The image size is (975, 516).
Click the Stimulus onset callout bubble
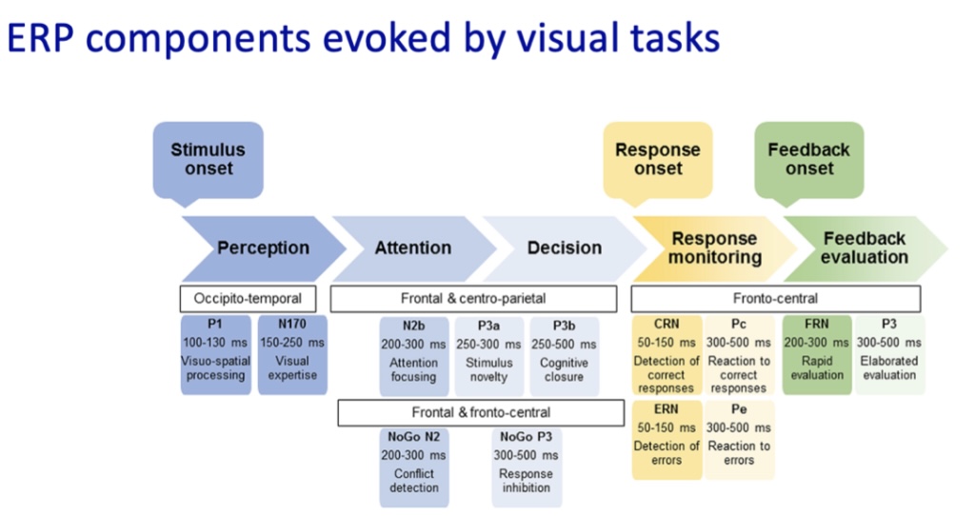pyautogui.click(x=209, y=160)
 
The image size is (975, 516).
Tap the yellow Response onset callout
pyautogui.click(x=658, y=160)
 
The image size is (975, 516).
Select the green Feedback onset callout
pyautogui.click(x=809, y=160)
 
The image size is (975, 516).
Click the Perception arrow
pyautogui.click(x=264, y=248)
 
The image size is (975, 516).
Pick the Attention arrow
pyautogui.click(x=413, y=248)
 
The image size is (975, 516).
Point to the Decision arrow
pyautogui.click(x=565, y=248)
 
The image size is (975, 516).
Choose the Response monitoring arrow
pyautogui.click(x=715, y=248)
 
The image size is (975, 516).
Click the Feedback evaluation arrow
pyautogui.click(x=865, y=248)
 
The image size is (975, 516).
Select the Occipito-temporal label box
pyautogui.click(x=249, y=298)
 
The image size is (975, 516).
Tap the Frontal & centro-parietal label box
pyautogui.click(x=474, y=298)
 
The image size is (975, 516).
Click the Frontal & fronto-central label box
pyautogui.click(x=481, y=413)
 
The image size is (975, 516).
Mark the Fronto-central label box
pyautogui.click(x=776, y=298)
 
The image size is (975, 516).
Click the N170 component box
pyautogui.click(x=292, y=355)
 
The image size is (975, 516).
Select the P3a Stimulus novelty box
pyautogui.click(x=488, y=356)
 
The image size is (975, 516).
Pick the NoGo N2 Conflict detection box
pyautogui.click(x=414, y=467)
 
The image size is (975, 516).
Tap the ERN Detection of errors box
pyautogui.click(x=667, y=440)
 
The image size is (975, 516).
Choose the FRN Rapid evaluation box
pyautogui.click(x=817, y=355)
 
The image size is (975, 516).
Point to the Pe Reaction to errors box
pyautogui.click(x=739, y=440)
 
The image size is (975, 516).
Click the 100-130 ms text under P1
pyautogui.click(x=215, y=343)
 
